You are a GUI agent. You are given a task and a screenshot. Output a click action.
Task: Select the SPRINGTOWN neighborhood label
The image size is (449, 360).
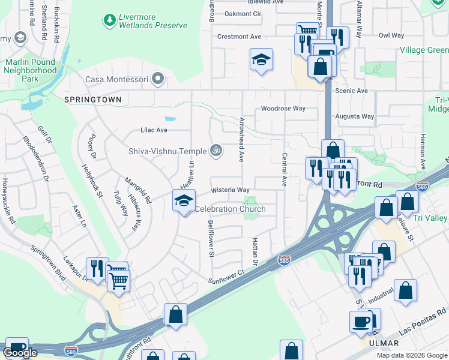(x=93, y=99)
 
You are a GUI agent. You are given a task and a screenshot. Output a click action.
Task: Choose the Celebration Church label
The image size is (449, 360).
(x=230, y=209)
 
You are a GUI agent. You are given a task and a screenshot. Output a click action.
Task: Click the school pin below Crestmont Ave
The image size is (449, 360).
(x=261, y=60)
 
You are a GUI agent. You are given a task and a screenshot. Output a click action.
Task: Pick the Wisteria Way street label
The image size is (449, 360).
(x=230, y=190)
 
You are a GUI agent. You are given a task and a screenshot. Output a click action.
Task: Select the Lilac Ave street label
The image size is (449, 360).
(x=154, y=130)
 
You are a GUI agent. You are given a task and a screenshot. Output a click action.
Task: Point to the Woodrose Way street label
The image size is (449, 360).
(x=283, y=109)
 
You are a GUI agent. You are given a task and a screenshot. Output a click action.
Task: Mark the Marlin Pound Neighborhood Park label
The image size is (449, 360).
(x=31, y=70)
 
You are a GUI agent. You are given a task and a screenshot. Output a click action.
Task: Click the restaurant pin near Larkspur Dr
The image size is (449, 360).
(x=95, y=268)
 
